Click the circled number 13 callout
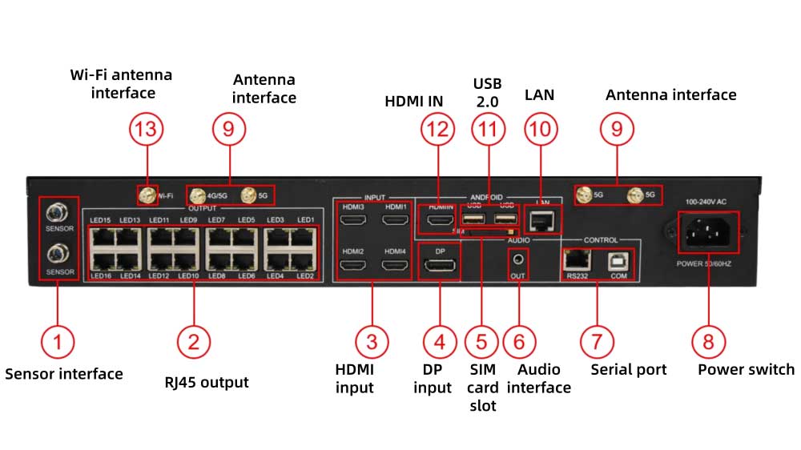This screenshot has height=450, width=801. click(x=148, y=129)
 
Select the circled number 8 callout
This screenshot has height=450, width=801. click(x=708, y=341)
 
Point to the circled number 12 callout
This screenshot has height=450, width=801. click(x=439, y=129)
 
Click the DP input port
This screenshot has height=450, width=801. click(x=440, y=266)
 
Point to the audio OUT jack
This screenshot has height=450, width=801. click(x=519, y=259)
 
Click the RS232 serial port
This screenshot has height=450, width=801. click(x=577, y=259)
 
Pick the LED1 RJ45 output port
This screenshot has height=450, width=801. click(x=304, y=238)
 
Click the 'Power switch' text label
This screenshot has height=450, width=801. click(x=746, y=370)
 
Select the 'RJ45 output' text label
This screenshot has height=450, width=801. click(x=201, y=383)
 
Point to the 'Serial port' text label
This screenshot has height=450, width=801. click(x=629, y=370)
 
